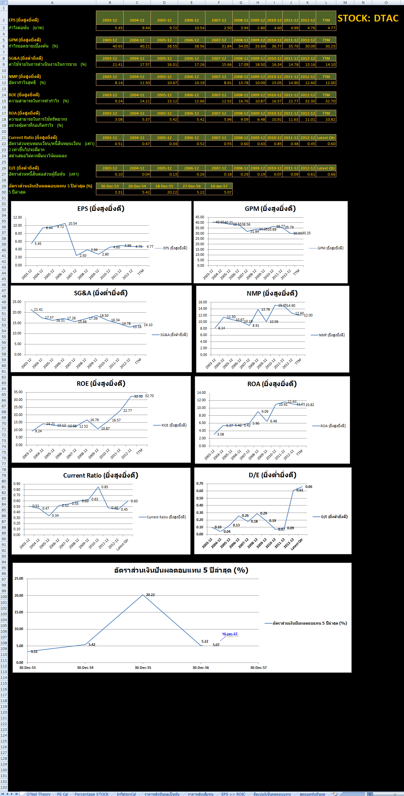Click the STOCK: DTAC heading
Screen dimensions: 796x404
tap(368, 19)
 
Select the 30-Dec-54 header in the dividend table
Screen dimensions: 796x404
tap(137, 186)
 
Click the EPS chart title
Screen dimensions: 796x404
tap(101, 209)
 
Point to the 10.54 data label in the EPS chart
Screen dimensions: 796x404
tap(73, 223)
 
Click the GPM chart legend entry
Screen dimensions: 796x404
tap(330, 248)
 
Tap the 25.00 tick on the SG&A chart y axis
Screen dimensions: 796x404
tap(17, 302)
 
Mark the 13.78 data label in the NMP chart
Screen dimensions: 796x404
tap(265, 309)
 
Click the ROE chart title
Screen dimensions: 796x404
tap(101, 384)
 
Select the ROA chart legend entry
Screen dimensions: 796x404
tap(333, 426)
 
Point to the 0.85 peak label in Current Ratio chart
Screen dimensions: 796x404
tap(105, 487)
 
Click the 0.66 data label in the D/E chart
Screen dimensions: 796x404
tap(309, 487)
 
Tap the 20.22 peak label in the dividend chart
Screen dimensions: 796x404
tap(150, 595)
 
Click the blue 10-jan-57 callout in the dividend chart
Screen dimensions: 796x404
tap(230, 634)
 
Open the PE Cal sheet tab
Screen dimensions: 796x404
tap(63, 794)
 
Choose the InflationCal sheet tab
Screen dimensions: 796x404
tap(126, 794)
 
